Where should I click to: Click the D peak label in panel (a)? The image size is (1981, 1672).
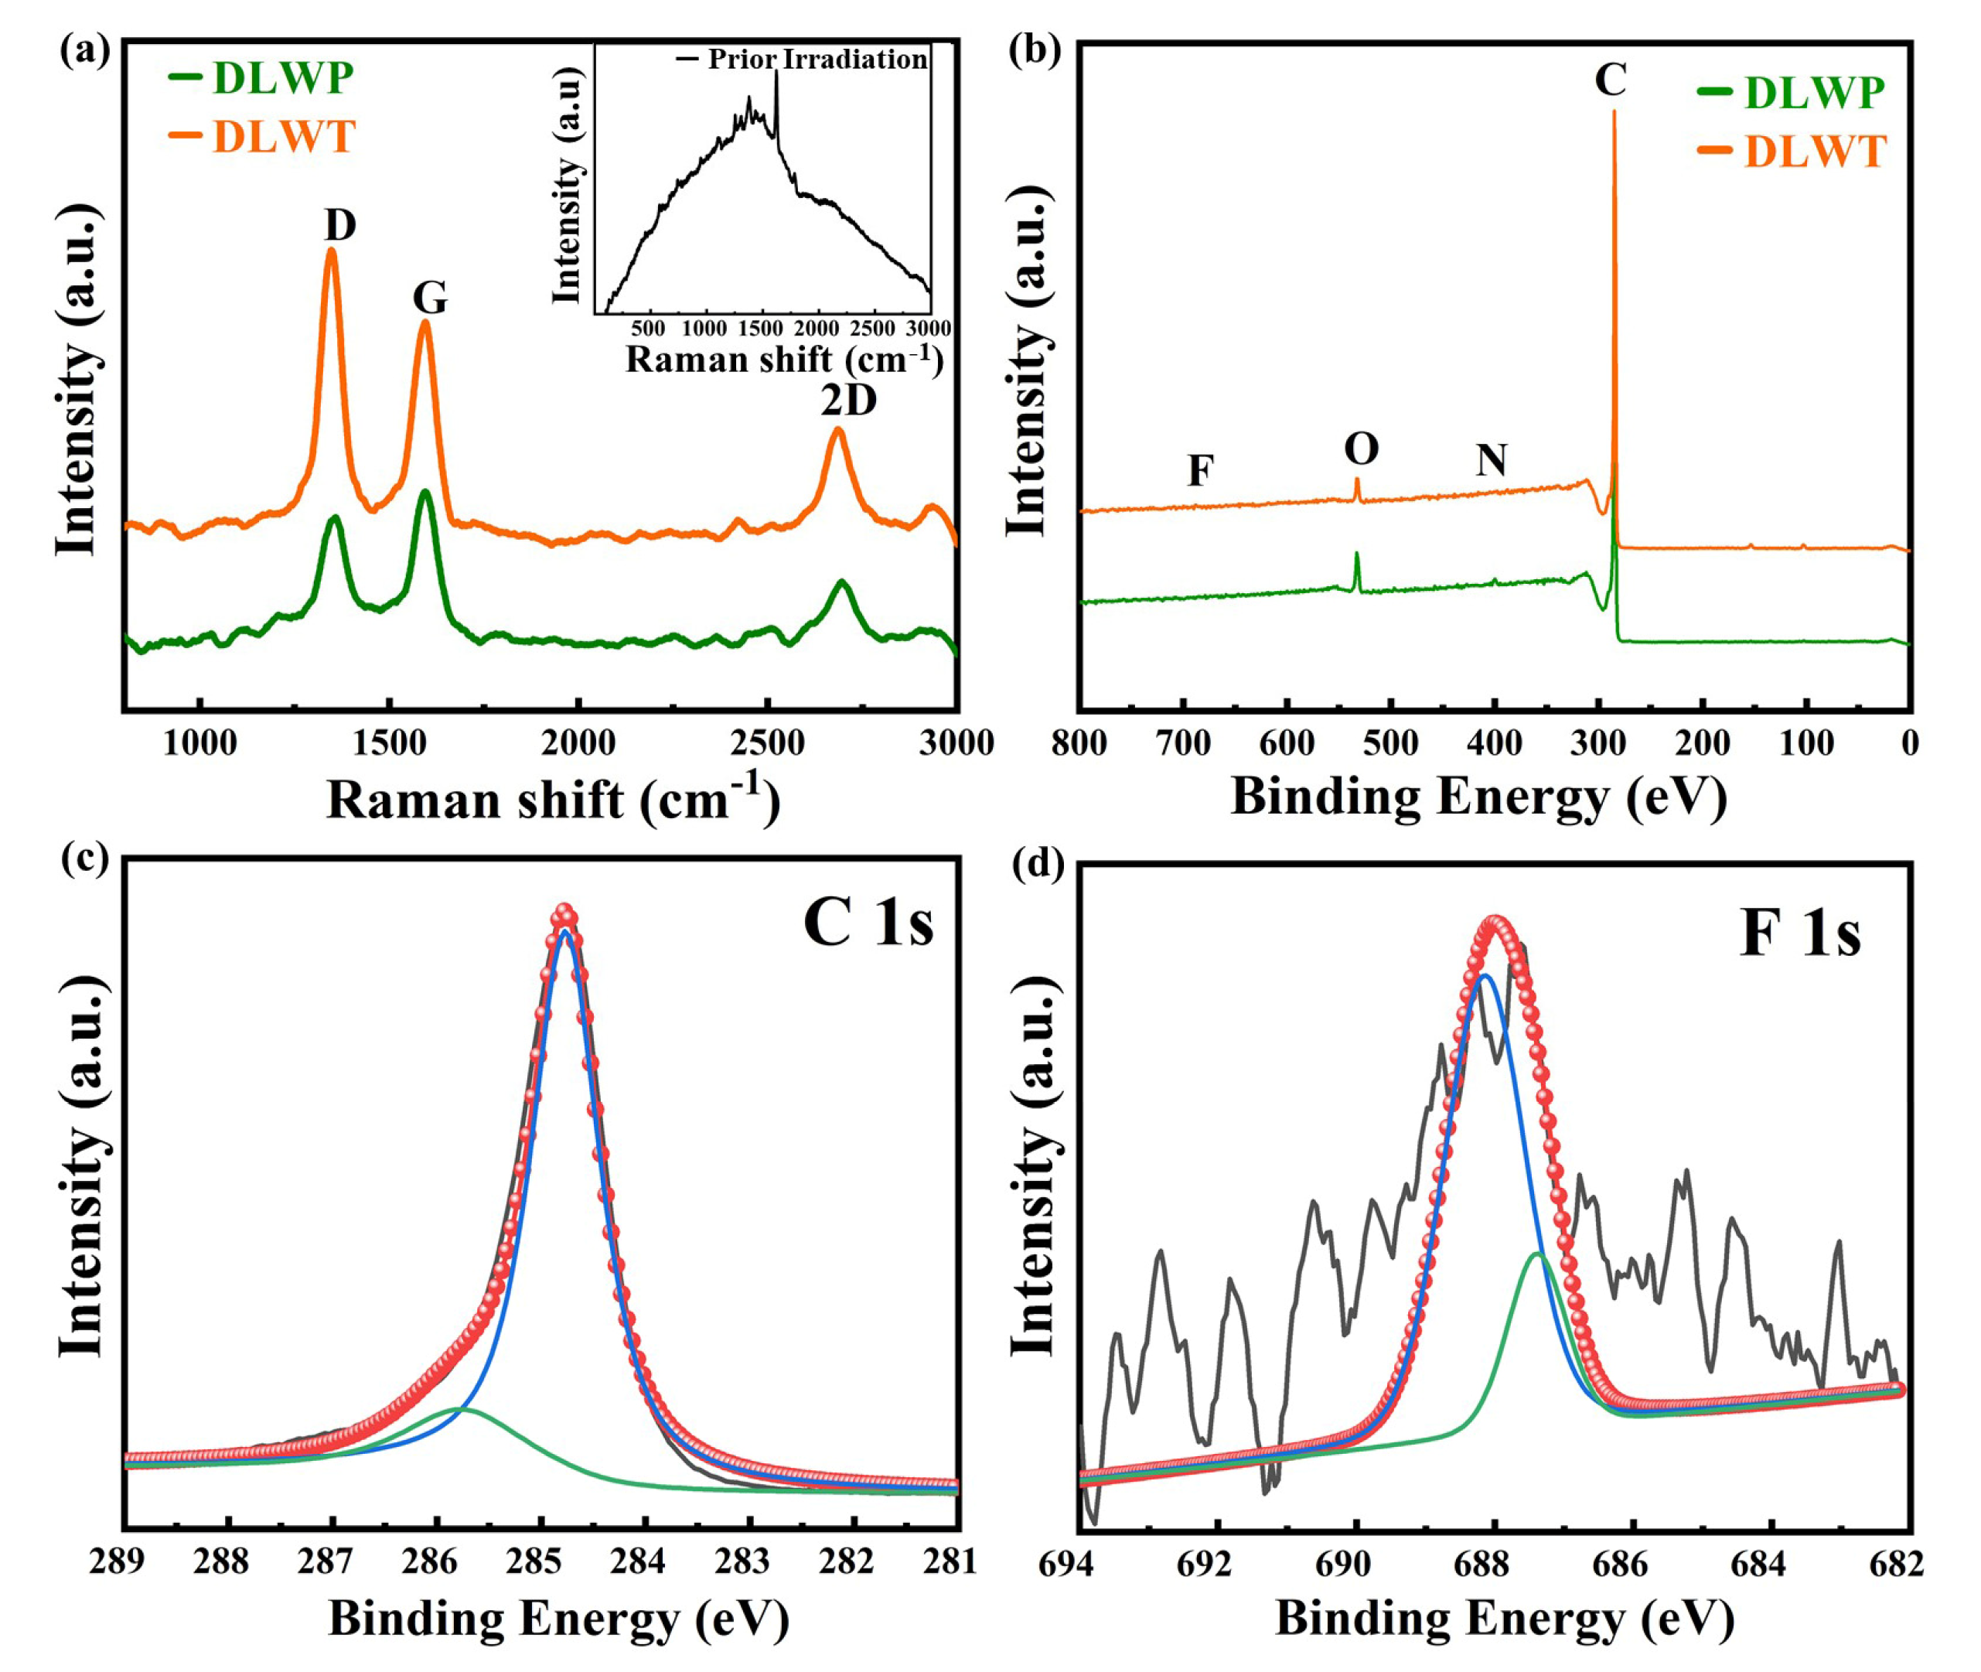339,226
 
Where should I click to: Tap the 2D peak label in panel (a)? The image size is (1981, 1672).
848,401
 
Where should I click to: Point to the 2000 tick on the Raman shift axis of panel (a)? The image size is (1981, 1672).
578,743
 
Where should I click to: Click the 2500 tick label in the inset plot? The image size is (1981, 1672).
872,328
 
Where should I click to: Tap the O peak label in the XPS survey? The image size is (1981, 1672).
1361,449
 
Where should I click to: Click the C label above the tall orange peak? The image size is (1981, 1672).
1611,80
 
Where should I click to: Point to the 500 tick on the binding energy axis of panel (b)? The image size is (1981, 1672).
1390,743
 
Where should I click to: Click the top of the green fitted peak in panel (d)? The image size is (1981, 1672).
1536,1254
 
